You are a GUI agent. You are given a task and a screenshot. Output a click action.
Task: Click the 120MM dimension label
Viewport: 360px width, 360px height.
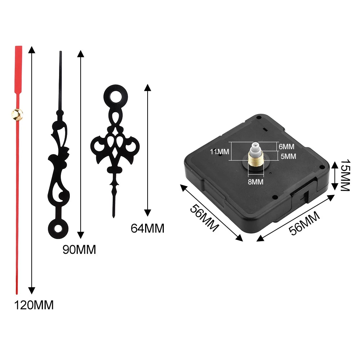34,305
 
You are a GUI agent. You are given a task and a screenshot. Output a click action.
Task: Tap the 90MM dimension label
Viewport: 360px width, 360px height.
79,249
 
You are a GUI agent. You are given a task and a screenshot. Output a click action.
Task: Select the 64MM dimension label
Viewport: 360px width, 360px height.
147,229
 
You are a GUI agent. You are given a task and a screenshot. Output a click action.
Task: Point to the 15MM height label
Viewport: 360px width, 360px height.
345,175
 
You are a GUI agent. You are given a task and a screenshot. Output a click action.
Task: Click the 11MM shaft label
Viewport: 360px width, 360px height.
220,152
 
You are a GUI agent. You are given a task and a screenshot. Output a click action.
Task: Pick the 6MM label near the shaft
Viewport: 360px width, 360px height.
287,147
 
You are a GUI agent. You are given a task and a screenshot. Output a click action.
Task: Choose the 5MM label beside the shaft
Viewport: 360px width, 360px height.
288,156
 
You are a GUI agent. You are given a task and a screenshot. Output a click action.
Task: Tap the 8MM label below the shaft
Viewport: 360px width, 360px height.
256,182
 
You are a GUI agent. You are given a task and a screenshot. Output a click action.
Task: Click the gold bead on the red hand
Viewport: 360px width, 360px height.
17,114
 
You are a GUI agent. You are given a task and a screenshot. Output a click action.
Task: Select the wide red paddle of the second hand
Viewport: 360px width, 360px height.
18,70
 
